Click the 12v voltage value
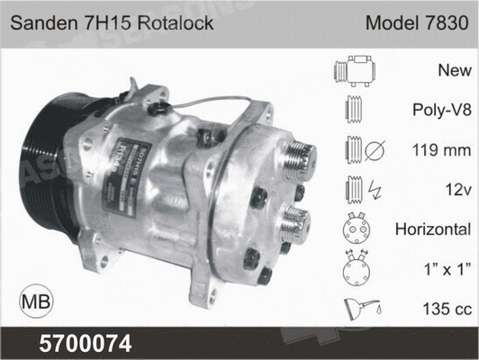(457, 189)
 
